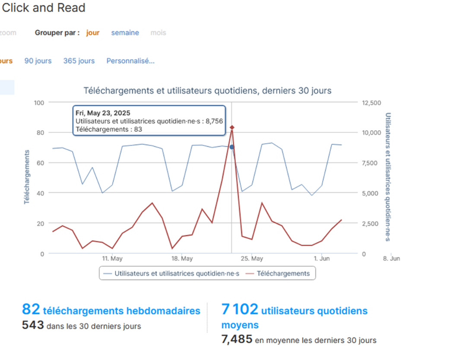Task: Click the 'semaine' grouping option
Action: (125, 33)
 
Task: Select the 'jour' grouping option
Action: (93, 33)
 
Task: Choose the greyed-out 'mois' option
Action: (158, 33)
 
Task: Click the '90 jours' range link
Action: (38, 61)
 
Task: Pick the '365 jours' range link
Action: (79, 61)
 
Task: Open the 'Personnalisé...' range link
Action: (130, 61)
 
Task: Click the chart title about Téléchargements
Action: (207, 91)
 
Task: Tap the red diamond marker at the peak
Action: (232, 128)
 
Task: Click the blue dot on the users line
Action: (232, 147)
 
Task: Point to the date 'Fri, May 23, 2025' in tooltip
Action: (103, 113)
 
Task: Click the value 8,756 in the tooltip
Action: (214, 121)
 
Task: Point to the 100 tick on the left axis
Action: (39, 103)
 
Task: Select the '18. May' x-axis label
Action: (182, 259)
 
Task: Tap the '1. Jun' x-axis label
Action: (322, 259)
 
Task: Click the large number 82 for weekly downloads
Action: (31, 309)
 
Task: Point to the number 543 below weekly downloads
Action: (33, 325)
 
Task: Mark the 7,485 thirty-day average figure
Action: (237, 339)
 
